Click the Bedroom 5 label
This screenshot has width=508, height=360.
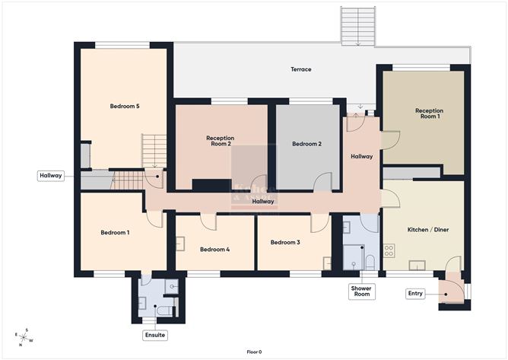[x=124, y=107]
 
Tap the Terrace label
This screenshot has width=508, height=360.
[x=301, y=69]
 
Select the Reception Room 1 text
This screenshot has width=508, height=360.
[x=429, y=114]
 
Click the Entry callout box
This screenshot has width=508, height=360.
[x=414, y=293]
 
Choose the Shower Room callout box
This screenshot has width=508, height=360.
[x=361, y=291]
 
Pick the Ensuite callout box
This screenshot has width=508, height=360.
[x=154, y=335]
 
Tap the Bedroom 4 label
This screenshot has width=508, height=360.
[x=214, y=249]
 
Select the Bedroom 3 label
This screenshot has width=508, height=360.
[x=285, y=242]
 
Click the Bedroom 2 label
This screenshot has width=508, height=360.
[x=306, y=144]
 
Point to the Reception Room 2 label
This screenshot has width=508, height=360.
[x=220, y=141]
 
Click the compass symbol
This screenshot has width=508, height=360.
[x=24, y=335]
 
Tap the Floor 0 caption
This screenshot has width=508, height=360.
[x=254, y=352]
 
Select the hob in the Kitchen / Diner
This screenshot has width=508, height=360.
[x=389, y=250]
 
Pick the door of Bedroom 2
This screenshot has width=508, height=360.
[x=322, y=183]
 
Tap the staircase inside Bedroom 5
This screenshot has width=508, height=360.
[x=154, y=151]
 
